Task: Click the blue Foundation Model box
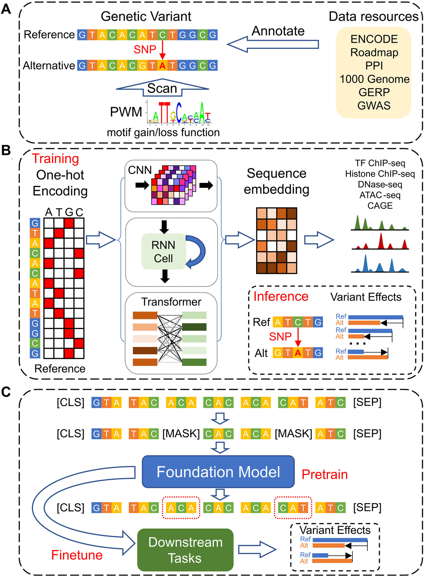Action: pyautogui.click(x=218, y=472)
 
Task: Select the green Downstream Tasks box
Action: pyautogui.click(x=185, y=550)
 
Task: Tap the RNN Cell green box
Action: pyautogui.click(x=163, y=252)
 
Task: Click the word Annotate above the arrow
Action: pyautogui.click(x=278, y=31)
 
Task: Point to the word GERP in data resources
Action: pyautogui.click(x=374, y=92)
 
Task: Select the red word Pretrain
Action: pyautogui.click(x=324, y=474)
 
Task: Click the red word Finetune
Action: pyautogui.click(x=77, y=555)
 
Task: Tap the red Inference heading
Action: pyautogui.click(x=281, y=296)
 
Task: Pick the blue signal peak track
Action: pyautogui.click(x=380, y=265)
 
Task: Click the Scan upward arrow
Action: pyautogui.click(x=162, y=88)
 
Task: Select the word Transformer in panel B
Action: pyautogui.click(x=171, y=302)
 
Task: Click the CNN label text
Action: pyautogui.click(x=140, y=170)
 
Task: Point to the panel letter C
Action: pyautogui.click(x=6, y=392)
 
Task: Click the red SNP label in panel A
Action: pyautogui.click(x=145, y=49)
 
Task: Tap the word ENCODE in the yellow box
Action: pyautogui.click(x=374, y=39)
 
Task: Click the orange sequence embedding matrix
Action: pyautogui.click(x=276, y=241)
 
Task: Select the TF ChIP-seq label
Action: pyautogui.click(x=380, y=163)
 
